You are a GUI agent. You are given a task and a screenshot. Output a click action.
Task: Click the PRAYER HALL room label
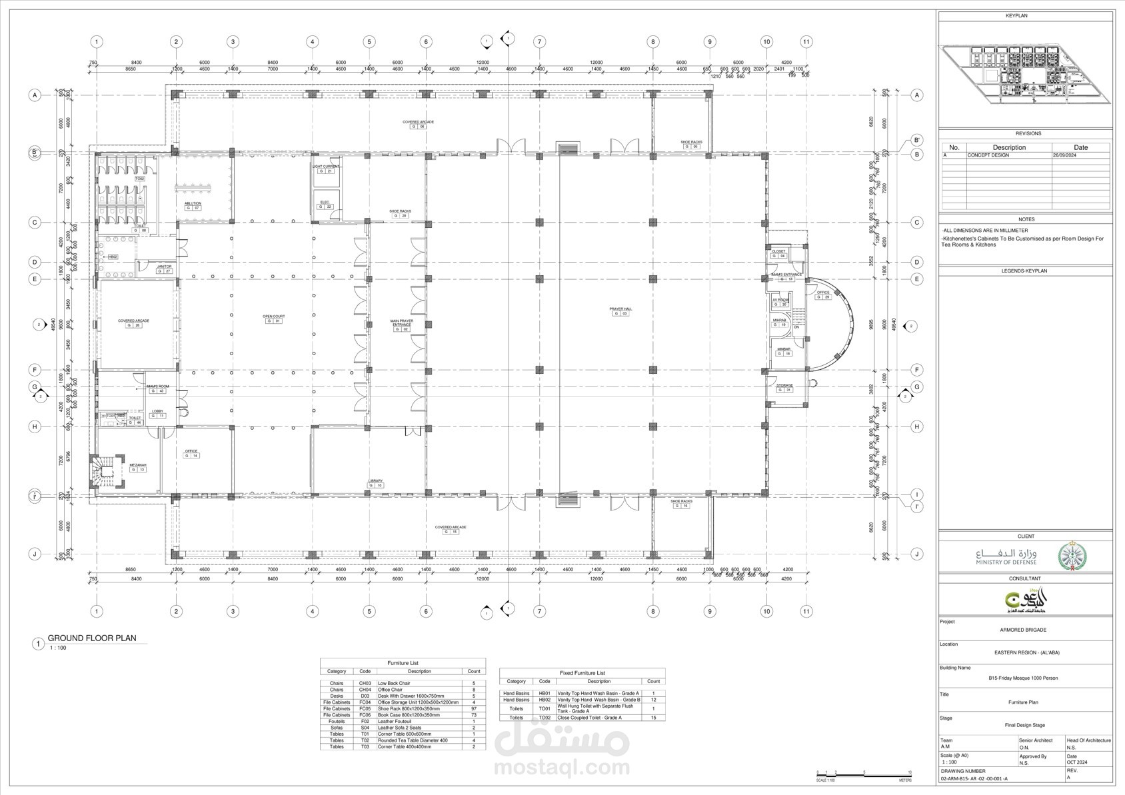click(x=620, y=309)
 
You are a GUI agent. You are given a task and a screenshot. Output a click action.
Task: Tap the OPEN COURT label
click(x=273, y=317)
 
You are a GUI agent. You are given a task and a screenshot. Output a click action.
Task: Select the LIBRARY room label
click(x=376, y=481)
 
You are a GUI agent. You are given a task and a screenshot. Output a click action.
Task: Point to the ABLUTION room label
click(x=193, y=203)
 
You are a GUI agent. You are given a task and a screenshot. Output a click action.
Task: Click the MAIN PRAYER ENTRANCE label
click(x=401, y=323)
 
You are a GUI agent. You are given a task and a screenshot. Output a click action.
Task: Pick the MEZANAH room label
click(x=137, y=465)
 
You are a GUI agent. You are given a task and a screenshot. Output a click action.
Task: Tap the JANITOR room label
click(x=164, y=267)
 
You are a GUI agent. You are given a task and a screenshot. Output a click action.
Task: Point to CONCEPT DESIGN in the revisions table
click(x=988, y=155)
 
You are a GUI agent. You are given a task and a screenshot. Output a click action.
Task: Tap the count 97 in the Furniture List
click(x=474, y=709)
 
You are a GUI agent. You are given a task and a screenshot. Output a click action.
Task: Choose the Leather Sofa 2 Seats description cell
click(x=400, y=728)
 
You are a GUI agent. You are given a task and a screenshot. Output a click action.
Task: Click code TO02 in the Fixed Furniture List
click(x=545, y=718)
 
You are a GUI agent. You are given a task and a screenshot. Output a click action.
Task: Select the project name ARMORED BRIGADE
click(x=1022, y=630)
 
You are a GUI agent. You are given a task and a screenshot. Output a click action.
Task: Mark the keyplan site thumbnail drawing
click(x=1025, y=73)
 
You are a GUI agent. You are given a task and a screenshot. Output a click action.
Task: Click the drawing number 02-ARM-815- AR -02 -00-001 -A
click(x=974, y=778)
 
